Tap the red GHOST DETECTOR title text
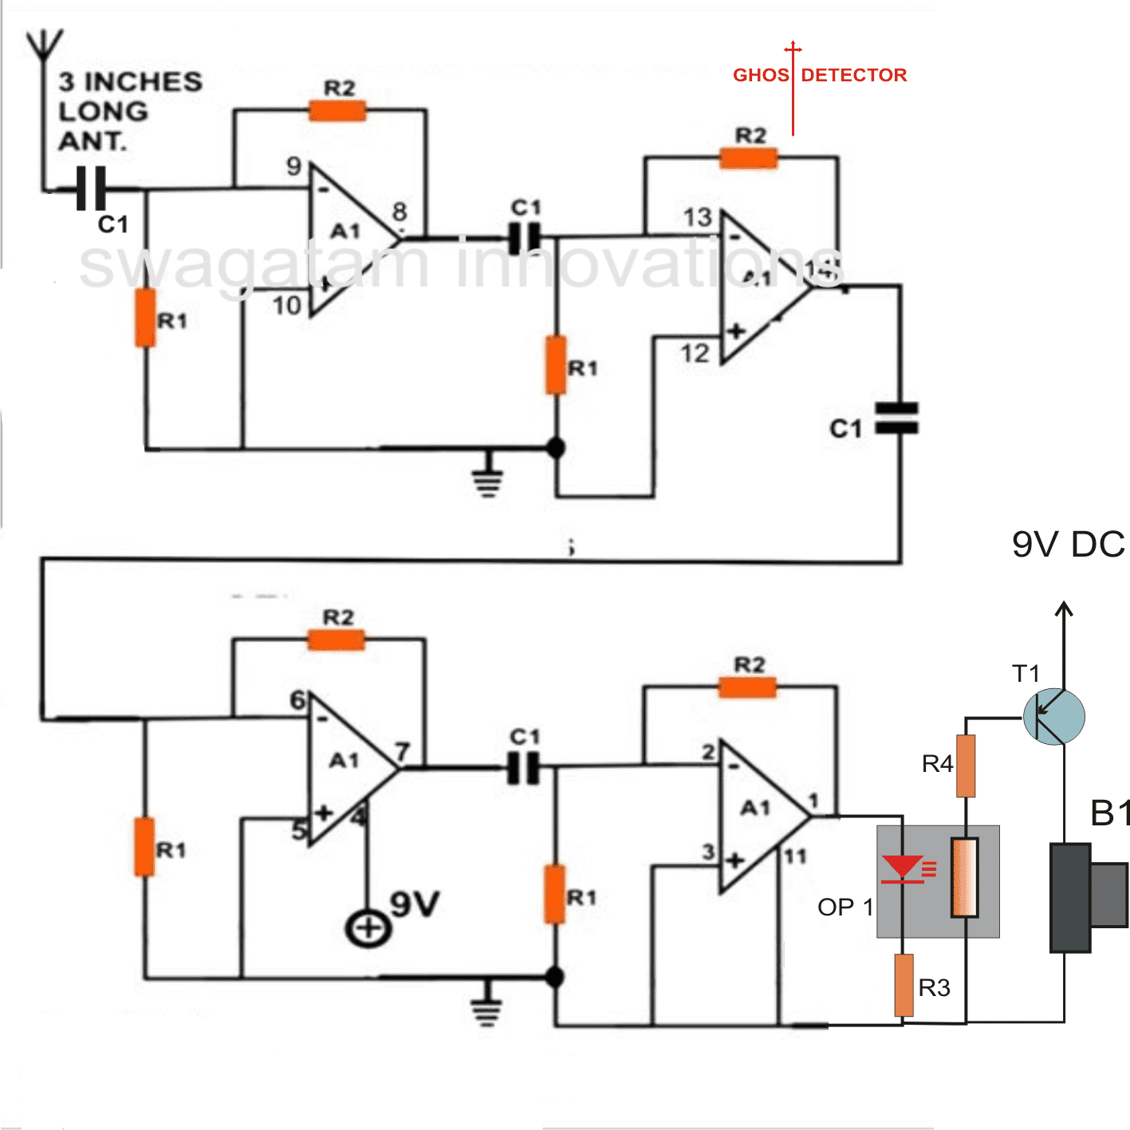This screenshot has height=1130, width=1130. pos(820,75)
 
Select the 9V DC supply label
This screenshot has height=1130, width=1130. pos(1068,545)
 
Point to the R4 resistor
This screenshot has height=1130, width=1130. pos(966,766)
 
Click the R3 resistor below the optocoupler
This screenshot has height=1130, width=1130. pos(904,985)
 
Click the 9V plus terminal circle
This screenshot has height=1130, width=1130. pos(368,928)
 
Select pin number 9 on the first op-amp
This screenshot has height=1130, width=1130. pos(294,167)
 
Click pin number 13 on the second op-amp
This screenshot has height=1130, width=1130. pos(697,217)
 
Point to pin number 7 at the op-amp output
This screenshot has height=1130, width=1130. pos(403,752)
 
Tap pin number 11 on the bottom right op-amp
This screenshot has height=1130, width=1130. pos(794,856)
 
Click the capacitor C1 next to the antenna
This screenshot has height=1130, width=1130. pos(90,190)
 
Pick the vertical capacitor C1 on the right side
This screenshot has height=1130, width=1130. pos(896,418)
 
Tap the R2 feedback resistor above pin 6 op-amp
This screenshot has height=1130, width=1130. pos(337,640)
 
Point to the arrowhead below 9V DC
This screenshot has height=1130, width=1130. pos(1064,610)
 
